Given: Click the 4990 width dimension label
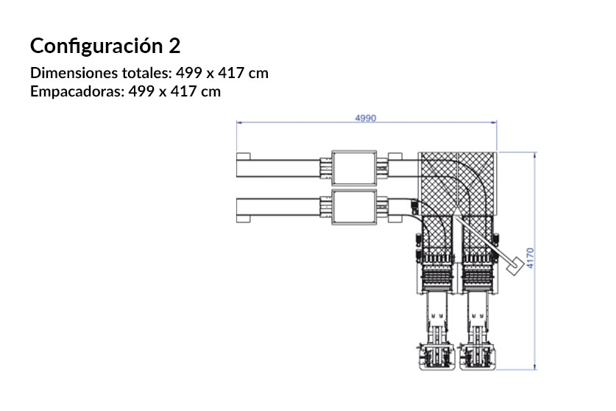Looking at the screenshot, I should (x=366, y=118).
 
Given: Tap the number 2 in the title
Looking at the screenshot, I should (x=174, y=46).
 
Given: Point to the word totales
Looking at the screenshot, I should (x=146, y=74).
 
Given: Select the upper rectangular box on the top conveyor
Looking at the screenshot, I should (x=353, y=169).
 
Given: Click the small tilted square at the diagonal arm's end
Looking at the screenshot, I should (x=517, y=264).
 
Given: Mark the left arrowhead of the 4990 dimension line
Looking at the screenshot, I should (x=238, y=124).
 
